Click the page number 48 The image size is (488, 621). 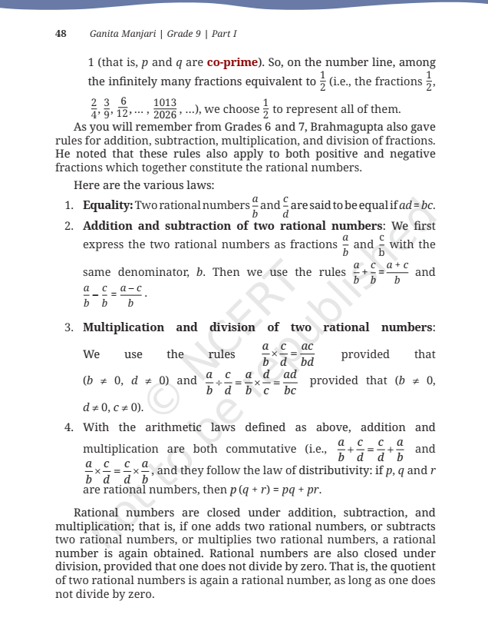[61, 34]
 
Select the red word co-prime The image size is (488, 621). [231, 61]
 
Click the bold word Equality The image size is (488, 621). [107, 206]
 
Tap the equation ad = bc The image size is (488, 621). [416, 206]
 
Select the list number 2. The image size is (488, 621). [68, 226]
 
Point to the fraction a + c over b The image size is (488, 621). [397, 273]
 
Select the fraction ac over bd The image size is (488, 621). [307, 355]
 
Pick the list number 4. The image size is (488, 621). [68, 427]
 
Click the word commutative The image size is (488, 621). [262, 449]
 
